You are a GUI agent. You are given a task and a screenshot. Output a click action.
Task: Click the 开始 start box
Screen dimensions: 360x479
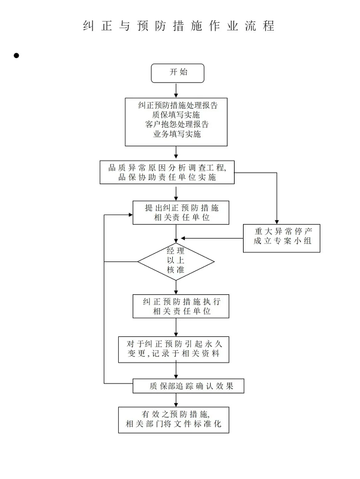[x=178, y=73]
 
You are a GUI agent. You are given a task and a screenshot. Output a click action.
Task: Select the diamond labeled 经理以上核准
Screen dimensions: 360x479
[x=176, y=261]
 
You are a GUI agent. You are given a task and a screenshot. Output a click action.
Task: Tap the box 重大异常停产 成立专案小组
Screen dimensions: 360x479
[x=281, y=238]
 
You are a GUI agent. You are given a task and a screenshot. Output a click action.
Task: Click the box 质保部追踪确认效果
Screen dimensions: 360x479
[x=188, y=386]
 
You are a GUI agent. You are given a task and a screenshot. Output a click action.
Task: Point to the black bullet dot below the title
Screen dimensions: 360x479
[x=16, y=55]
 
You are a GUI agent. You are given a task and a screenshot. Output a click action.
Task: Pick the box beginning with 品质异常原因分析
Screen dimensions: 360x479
[x=167, y=172]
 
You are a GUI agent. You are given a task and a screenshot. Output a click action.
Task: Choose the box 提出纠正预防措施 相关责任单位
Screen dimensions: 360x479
[x=181, y=213]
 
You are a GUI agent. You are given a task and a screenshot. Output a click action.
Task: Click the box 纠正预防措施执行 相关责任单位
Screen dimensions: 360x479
[x=181, y=306]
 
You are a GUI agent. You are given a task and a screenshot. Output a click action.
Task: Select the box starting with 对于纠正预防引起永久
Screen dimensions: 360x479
[x=174, y=350]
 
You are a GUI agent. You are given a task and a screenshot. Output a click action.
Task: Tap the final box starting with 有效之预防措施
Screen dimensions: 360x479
[x=174, y=420]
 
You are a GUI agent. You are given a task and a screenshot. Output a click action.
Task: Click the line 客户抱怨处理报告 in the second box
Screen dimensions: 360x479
[x=177, y=124]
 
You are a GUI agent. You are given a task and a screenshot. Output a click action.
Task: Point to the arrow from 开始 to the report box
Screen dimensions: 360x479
[x=176, y=90]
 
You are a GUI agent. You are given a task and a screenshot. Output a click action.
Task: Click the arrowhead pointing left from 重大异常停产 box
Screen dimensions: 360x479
[x=183, y=238]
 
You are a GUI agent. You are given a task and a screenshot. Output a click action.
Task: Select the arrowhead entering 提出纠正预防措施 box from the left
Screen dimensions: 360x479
[x=131, y=215]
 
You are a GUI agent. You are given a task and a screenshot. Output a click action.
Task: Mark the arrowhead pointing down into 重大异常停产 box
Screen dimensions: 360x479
[x=277, y=222]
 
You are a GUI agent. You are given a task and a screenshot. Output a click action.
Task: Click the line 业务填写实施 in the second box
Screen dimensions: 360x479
[x=177, y=134]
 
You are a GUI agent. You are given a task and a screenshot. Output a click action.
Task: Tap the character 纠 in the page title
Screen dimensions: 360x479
[x=88, y=26]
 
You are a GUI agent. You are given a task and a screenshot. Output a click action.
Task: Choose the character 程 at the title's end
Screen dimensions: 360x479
[x=268, y=26]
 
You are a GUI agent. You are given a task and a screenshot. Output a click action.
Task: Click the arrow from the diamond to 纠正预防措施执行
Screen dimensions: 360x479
[x=176, y=287]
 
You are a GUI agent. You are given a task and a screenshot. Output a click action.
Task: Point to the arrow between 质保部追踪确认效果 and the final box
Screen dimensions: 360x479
[x=176, y=400]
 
